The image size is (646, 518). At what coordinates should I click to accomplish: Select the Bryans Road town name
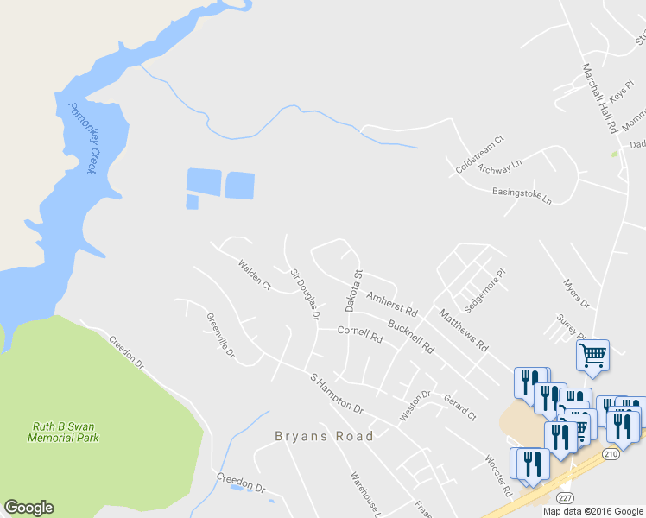[324, 436]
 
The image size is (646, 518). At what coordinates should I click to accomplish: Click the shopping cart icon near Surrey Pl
[592, 355]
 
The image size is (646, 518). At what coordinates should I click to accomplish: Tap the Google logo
[28, 508]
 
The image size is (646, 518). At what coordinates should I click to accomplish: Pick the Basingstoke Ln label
[522, 195]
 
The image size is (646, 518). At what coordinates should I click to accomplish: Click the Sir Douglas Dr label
[305, 294]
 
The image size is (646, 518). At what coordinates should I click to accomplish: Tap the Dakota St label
[353, 290]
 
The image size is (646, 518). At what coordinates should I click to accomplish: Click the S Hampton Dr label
[337, 392]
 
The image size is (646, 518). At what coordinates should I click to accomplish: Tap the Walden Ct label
[255, 274]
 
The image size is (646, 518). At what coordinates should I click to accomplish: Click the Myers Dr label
[574, 294]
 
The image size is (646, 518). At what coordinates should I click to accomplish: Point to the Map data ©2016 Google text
[593, 511]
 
